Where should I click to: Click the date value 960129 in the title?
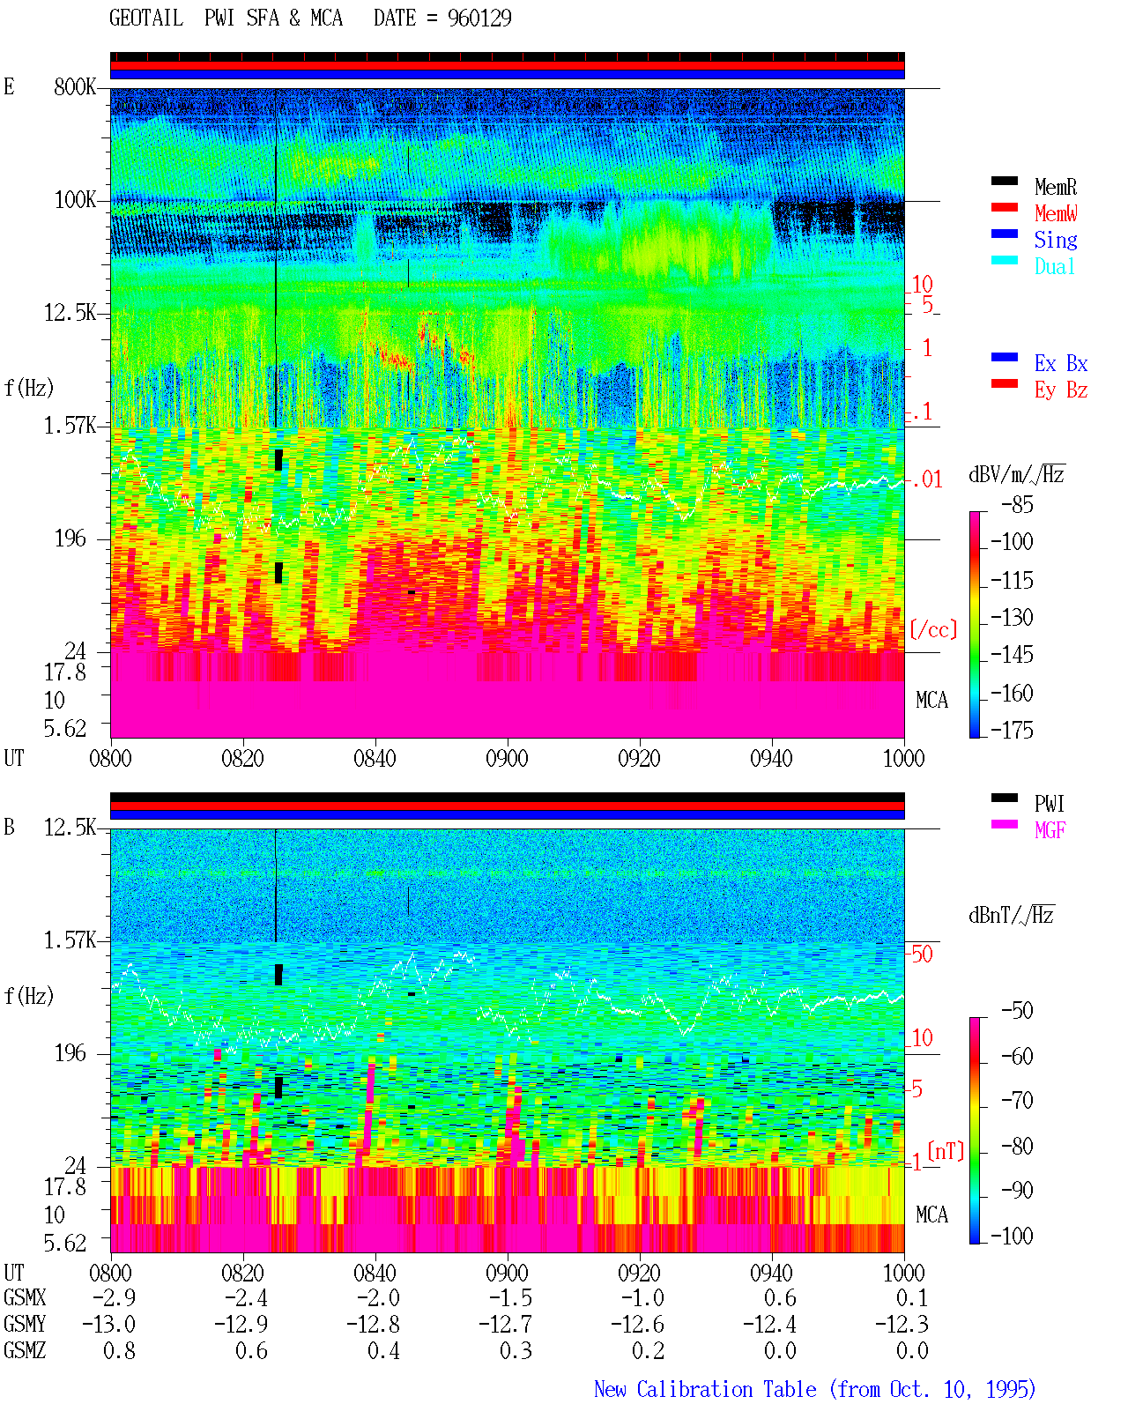(x=479, y=19)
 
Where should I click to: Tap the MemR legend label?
(x=1056, y=187)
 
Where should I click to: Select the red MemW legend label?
(x=1056, y=213)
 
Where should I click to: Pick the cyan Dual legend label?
(x=1055, y=266)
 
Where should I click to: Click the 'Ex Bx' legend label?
(x=1061, y=363)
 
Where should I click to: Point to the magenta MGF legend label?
(x=1050, y=830)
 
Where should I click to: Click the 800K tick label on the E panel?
(x=75, y=86)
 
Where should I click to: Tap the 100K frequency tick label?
(x=75, y=200)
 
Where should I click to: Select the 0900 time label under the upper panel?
(x=507, y=759)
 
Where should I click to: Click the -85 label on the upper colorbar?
(x=1017, y=505)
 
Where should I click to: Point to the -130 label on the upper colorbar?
(x=1012, y=617)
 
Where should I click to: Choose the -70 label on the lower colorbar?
(x=1017, y=1100)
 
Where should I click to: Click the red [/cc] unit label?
(x=933, y=629)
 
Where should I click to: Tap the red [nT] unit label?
(x=946, y=1150)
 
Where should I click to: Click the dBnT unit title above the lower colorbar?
(x=1011, y=915)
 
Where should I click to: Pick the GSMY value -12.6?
(x=637, y=1324)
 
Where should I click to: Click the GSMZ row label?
(x=25, y=1350)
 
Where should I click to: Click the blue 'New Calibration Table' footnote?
(x=705, y=1389)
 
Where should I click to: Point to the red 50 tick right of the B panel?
(x=922, y=954)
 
